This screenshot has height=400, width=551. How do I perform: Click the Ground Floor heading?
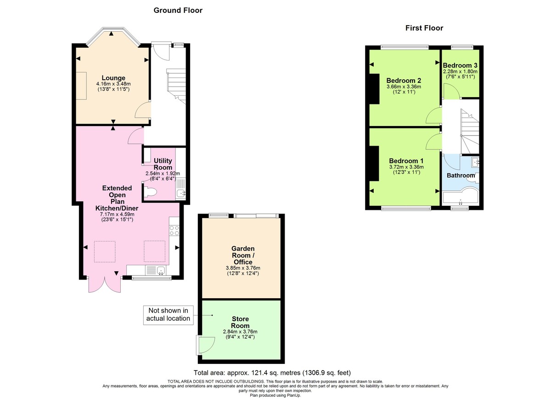178,10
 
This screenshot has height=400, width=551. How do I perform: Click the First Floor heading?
424,28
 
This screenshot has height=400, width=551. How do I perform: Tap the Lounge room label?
113,78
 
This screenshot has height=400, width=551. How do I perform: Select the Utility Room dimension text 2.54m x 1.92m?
163,174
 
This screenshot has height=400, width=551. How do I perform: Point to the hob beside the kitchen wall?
174,230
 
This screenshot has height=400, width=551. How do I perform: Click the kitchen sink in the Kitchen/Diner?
161,271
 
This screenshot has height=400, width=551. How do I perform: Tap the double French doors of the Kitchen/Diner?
105,285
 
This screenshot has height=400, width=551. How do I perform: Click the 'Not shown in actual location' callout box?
169,315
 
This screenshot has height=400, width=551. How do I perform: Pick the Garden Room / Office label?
242,255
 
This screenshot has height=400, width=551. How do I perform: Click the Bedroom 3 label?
460,65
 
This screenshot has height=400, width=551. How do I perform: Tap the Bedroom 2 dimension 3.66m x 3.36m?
404,86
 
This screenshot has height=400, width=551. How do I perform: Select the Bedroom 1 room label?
406,161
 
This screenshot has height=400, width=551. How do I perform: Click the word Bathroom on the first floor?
461,175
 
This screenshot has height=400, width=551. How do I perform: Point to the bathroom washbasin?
475,162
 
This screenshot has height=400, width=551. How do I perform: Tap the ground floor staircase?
175,87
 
